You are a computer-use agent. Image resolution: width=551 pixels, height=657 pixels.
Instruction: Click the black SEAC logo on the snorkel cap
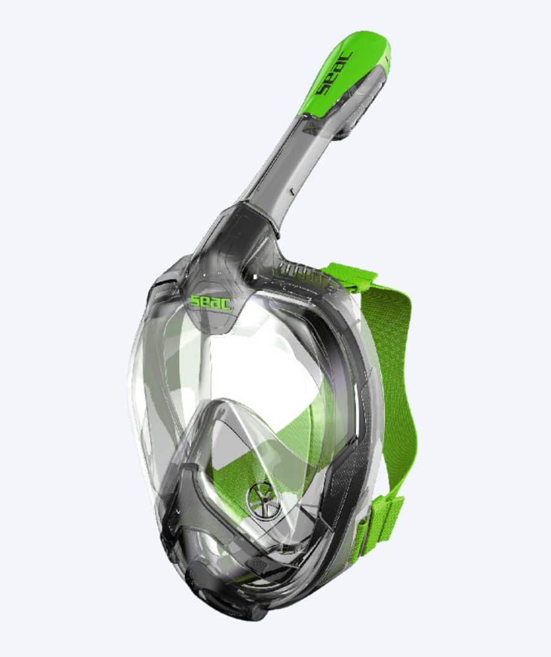tap(334, 73)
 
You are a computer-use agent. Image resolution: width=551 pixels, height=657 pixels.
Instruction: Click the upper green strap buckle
tap(351, 272)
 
